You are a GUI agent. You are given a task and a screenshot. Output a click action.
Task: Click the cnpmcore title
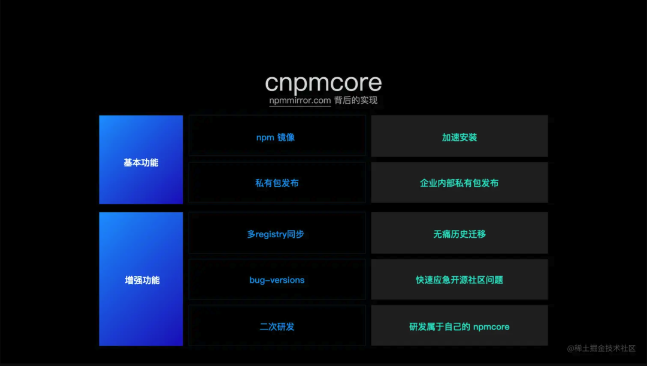point(323,83)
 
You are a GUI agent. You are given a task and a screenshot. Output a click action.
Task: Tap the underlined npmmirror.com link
point(300,101)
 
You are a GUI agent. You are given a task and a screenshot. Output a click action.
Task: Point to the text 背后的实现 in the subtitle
point(356,101)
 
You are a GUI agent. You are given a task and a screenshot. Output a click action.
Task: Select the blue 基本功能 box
point(141,160)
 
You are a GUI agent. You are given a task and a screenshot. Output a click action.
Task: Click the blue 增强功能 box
point(141,279)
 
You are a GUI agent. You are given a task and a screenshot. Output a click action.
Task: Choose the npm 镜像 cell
point(277,137)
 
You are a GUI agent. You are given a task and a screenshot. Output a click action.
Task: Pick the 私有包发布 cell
point(277,183)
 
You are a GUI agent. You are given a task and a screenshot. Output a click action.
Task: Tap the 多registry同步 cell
point(277,234)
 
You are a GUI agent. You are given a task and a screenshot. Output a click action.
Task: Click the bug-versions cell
point(277,280)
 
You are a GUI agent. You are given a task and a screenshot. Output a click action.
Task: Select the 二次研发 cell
point(277,326)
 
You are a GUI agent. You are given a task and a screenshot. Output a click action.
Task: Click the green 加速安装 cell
point(459,137)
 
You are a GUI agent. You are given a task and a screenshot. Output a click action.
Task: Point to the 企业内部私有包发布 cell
point(459,183)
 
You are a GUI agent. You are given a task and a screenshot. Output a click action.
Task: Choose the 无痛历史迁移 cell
point(459,234)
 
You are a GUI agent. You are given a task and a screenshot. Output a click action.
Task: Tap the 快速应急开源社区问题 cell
point(459,280)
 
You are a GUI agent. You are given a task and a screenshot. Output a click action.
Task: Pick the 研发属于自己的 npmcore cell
point(459,326)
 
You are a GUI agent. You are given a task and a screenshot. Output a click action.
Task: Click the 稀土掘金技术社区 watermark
point(604,348)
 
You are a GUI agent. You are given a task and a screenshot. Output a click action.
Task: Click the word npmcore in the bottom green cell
point(491,326)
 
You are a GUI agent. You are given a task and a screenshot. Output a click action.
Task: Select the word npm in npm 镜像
point(265,137)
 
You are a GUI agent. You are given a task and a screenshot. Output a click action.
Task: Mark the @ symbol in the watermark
point(570,348)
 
